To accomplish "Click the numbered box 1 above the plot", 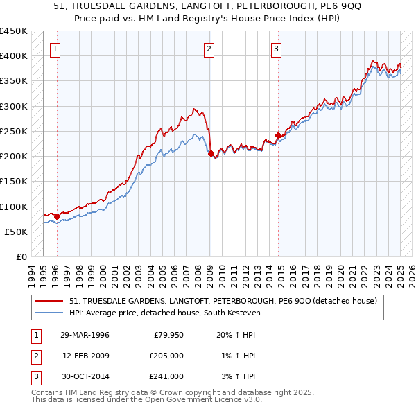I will point(55,49).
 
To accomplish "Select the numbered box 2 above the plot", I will point(209,49).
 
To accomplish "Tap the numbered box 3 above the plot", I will point(276,49).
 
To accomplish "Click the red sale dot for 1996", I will point(57,216).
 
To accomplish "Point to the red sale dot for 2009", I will point(211,154).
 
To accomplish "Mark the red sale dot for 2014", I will point(278,136).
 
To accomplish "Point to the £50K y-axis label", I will point(17,232).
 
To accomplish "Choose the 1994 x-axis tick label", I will point(32,274).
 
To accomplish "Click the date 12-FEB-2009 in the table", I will point(86,356).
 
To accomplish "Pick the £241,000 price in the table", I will point(166,376).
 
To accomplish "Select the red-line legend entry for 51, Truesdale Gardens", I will point(223,301).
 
